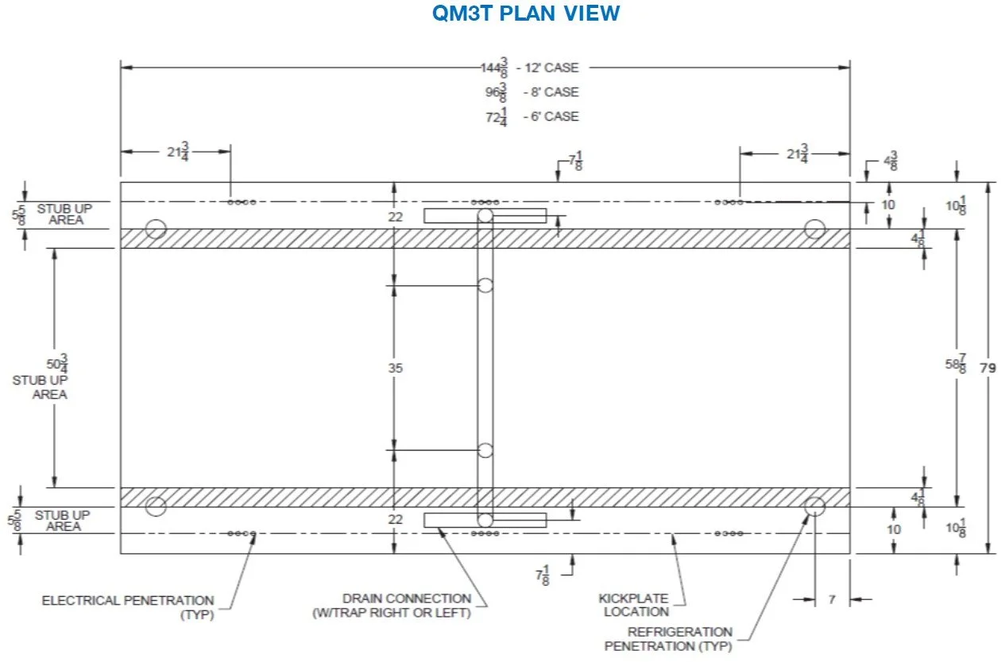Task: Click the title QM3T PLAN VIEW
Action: (x=525, y=14)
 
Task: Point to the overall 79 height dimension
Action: (x=988, y=368)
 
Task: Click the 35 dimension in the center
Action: (x=395, y=368)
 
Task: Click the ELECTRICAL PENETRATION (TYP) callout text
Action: (x=128, y=607)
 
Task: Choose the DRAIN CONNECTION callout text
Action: (x=406, y=605)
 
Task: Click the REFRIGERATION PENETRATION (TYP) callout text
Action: (x=668, y=639)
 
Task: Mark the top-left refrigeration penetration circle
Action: (x=157, y=229)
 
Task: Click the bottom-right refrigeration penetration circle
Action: (x=815, y=506)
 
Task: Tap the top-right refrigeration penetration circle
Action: (x=815, y=229)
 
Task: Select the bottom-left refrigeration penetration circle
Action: (x=157, y=506)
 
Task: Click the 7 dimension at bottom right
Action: (x=832, y=600)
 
